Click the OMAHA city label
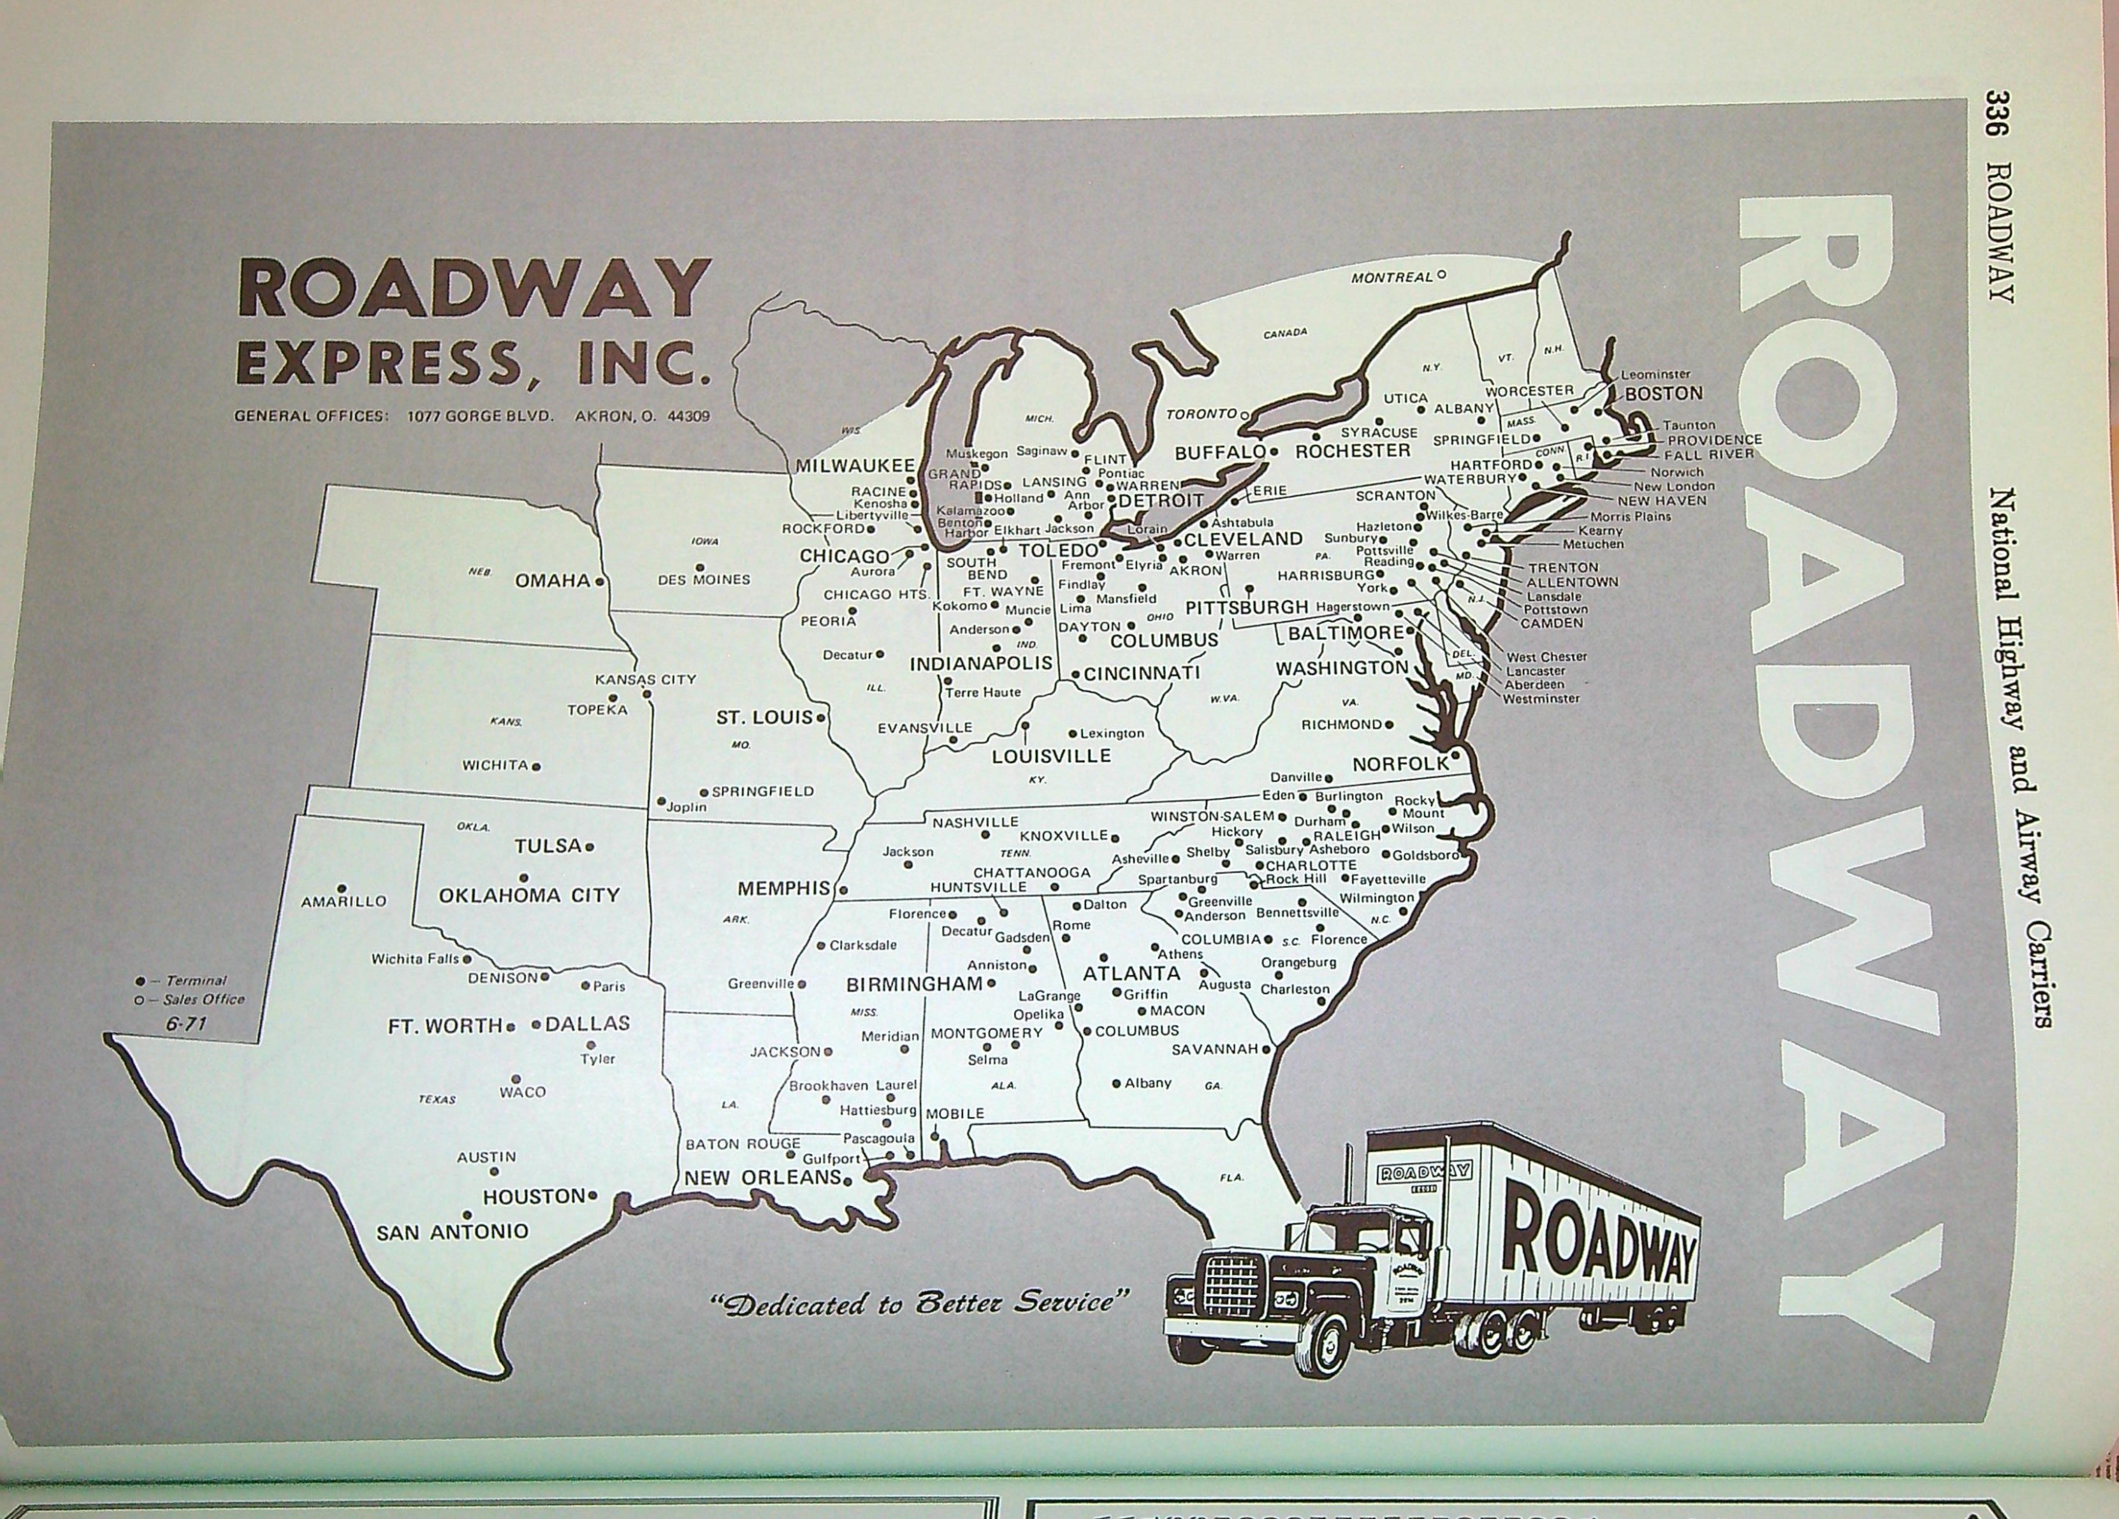[552, 580]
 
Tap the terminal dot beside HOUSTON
[593, 1195]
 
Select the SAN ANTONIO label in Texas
[452, 1232]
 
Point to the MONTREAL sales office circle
[1442, 275]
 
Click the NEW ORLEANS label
[762, 1177]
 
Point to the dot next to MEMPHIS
[843, 890]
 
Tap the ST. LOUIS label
[764, 717]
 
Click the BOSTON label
[1663, 394]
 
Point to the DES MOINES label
[703, 579]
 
